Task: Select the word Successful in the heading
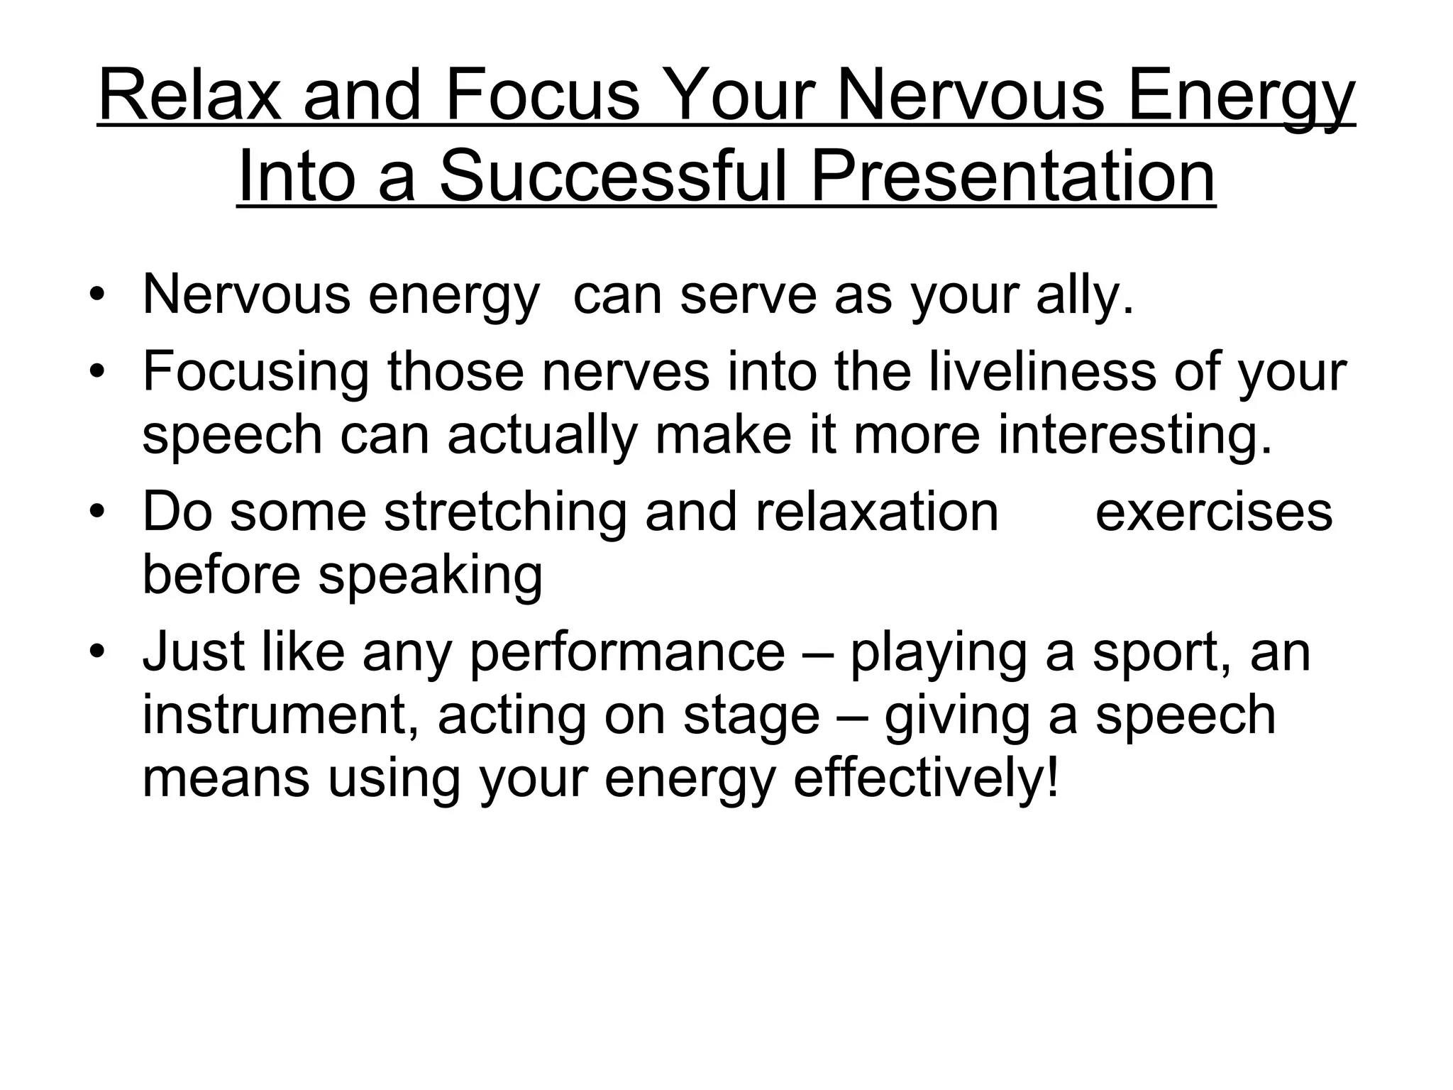click(x=613, y=177)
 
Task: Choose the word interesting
click(x=1135, y=435)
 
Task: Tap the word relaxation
click(x=877, y=512)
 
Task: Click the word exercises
click(x=1214, y=512)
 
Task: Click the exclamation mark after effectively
click(x=1052, y=778)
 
